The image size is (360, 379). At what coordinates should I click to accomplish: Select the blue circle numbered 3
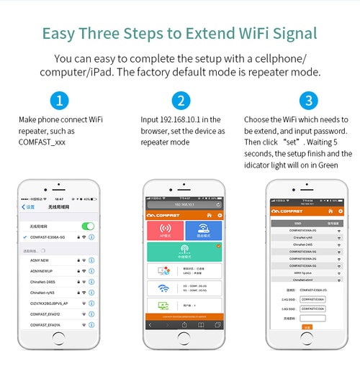309,100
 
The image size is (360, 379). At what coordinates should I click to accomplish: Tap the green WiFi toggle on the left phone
87,226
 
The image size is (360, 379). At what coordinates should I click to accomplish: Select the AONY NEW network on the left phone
40,260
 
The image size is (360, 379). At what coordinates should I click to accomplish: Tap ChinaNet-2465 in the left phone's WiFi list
44,281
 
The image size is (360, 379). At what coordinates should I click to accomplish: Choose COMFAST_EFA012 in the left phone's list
45,314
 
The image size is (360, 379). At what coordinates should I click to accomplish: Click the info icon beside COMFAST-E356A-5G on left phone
91,237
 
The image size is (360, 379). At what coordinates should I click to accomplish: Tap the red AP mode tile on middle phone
163,230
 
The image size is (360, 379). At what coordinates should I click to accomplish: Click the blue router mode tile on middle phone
203,230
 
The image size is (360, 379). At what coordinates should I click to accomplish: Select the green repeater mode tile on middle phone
184,252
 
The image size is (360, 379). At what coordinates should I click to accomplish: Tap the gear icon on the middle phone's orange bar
220,215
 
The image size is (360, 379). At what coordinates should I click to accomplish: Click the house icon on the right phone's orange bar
330,211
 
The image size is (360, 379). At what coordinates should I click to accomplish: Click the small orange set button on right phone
307,327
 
